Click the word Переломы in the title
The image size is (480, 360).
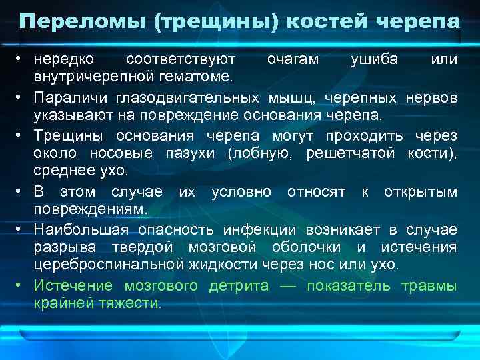(81, 21)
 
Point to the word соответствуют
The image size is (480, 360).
(181, 60)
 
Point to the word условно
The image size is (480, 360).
(241, 192)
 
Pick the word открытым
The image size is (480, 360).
(421, 192)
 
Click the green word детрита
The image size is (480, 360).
(237, 286)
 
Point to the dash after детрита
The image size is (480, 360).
(287, 286)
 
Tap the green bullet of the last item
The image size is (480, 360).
(21, 286)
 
